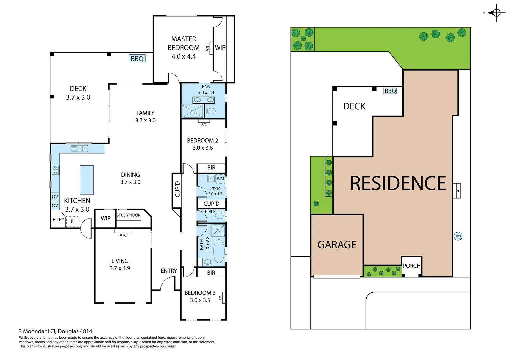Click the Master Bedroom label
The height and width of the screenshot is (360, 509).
point(183,43)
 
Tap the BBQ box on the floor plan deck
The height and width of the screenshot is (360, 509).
point(137,59)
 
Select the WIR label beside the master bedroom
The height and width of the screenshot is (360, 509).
point(220,48)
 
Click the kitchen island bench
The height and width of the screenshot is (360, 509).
point(87,180)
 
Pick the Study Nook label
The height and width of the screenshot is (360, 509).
point(128,215)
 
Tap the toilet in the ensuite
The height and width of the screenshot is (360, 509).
point(210,111)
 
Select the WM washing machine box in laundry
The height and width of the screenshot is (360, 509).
point(220,179)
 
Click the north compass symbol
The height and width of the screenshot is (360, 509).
point(496,13)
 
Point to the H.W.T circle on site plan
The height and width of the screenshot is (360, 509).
point(458,236)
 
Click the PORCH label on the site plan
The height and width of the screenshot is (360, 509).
point(412,266)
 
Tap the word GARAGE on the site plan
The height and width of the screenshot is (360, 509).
point(337,245)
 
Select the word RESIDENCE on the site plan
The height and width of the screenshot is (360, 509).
point(398,183)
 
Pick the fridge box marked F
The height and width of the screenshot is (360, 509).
point(72,221)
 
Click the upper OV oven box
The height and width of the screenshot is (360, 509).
point(55,197)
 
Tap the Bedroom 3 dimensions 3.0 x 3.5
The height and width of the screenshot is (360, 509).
point(200,300)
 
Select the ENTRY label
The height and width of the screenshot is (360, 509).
point(169,271)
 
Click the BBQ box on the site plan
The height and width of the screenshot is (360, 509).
point(390,91)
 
